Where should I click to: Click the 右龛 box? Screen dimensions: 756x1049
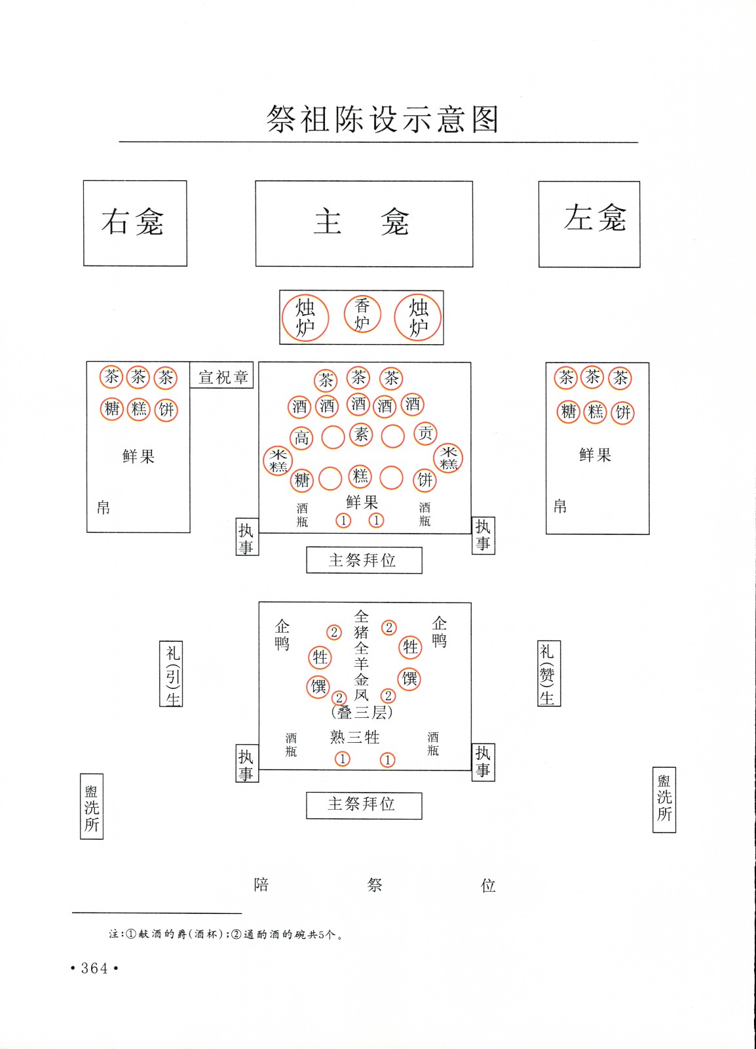(x=135, y=224)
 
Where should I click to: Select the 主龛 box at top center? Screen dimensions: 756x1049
(x=364, y=224)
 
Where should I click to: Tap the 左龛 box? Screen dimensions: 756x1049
(x=590, y=224)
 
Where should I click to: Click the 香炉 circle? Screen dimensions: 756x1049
(x=362, y=315)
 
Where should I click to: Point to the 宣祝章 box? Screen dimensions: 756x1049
(x=221, y=374)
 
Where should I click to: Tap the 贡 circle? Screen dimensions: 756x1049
(x=425, y=433)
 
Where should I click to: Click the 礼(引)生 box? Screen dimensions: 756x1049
(x=171, y=673)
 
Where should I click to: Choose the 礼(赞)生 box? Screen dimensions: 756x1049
(x=549, y=673)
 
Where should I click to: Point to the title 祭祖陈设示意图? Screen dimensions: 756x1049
(x=382, y=119)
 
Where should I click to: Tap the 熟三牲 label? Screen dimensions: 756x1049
(x=354, y=737)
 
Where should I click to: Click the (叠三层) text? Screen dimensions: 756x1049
(x=362, y=713)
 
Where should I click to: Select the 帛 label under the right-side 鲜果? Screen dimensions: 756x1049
(x=560, y=506)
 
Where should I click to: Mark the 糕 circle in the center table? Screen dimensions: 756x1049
(x=360, y=476)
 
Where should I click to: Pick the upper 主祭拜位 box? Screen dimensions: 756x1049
(x=364, y=560)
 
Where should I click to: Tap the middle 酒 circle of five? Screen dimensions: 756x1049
(x=358, y=404)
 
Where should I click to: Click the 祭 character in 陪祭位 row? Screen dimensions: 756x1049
(x=375, y=884)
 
